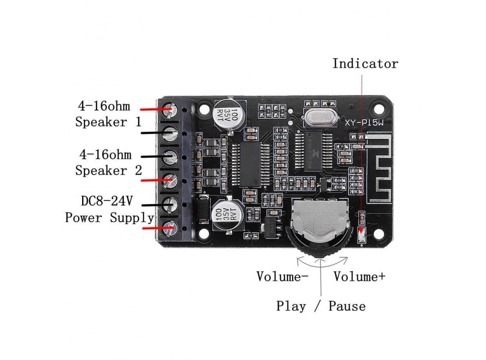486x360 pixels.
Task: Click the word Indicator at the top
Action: coord(365,64)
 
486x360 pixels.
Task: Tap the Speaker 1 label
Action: coord(108,121)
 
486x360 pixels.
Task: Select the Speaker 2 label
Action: coord(108,171)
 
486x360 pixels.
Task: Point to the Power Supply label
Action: coord(109,217)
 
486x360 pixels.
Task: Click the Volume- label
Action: coord(282,276)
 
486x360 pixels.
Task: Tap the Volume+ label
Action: coord(359,276)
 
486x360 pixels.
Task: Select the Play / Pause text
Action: coord(321,306)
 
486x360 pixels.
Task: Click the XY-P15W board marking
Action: coord(364,123)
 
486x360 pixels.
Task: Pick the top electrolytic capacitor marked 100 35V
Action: coord(227,114)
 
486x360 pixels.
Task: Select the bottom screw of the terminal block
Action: coord(170,226)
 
